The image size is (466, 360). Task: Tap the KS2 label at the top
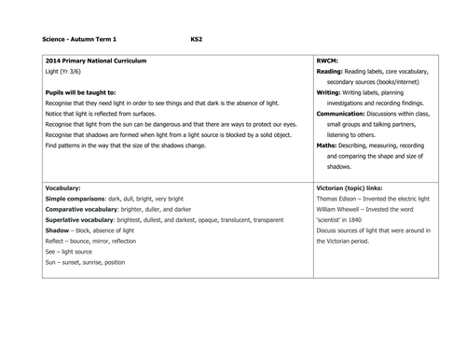click(x=196, y=40)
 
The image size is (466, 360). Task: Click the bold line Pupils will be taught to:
click(x=80, y=94)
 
